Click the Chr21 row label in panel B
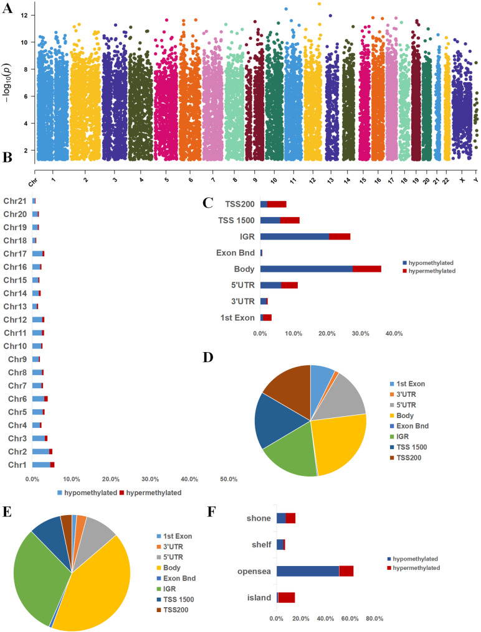pyautogui.click(x=16, y=200)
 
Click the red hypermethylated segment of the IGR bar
pyautogui.click(x=340, y=236)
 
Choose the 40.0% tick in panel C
pyautogui.click(x=394, y=333)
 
